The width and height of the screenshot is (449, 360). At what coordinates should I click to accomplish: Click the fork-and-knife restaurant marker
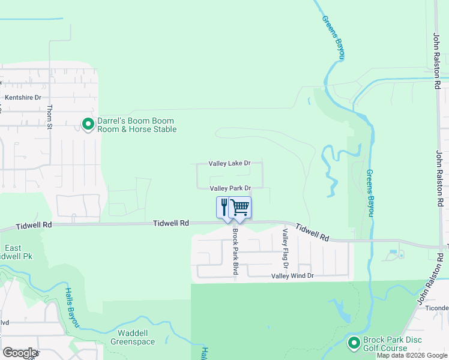(224, 207)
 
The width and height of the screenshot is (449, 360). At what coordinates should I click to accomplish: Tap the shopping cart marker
(240, 207)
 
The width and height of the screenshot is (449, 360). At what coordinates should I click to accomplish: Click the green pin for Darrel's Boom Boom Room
(88, 124)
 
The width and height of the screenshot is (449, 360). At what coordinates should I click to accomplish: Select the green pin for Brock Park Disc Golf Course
(354, 343)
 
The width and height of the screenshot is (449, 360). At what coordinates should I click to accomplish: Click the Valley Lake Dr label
(229, 163)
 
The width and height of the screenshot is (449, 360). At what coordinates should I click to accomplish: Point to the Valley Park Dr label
(229, 188)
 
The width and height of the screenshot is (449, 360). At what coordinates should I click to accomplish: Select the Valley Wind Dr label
(292, 276)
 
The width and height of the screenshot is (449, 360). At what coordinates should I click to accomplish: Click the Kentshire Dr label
(23, 97)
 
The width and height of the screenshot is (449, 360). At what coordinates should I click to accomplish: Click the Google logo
(19, 353)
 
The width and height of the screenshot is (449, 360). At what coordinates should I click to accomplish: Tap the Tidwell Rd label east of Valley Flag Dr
(313, 233)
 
